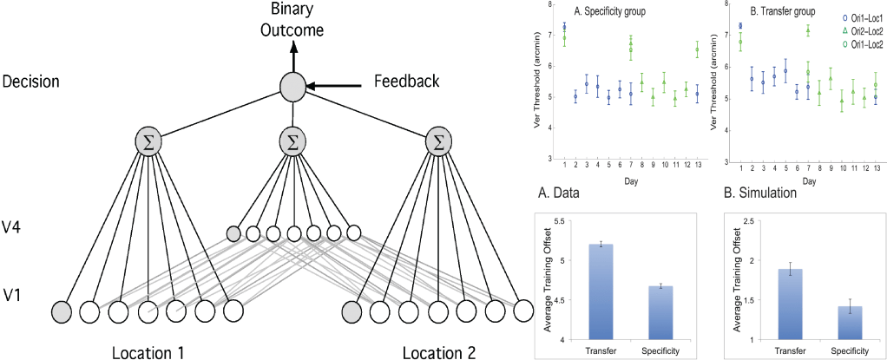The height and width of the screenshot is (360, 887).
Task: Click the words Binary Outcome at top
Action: pyautogui.click(x=294, y=19)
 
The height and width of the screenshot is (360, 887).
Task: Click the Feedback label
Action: pyautogui.click(x=405, y=81)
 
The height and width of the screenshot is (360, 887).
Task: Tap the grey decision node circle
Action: pyautogui.click(x=294, y=87)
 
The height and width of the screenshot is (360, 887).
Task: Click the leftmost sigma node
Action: pyautogui.click(x=148, y=141)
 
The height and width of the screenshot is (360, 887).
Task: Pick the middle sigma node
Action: pyautogui.click(x=294, y=141)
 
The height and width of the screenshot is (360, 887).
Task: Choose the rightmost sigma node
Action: pyautogui.click(x=439, y=141)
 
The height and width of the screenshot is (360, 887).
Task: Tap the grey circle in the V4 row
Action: pyautogui.click(x=233, y=232)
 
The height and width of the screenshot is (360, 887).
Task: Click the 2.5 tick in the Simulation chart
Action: pyautogui.click(x=752, y=222)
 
